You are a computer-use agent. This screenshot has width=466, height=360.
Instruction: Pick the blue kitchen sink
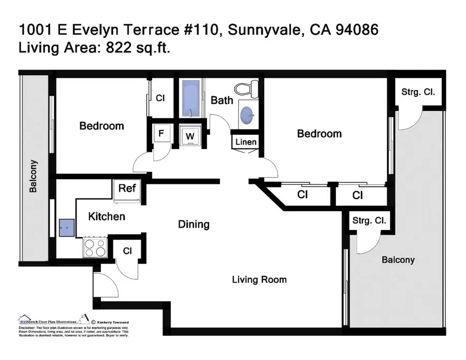tap(66, 226)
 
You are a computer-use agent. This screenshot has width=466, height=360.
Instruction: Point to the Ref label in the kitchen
tap(127, 188)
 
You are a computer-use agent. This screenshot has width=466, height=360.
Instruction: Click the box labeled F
tap(161, 134)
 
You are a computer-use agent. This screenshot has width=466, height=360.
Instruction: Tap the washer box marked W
tap(190, 136)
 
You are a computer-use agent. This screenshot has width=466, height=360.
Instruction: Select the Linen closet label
tap(245, 142)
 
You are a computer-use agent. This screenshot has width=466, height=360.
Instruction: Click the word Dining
tap(194, 224)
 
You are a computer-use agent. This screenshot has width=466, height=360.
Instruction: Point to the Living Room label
tap(259, 280)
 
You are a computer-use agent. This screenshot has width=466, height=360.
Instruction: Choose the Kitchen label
tap(106, 216)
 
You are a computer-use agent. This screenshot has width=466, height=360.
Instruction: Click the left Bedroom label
tap(101, 126)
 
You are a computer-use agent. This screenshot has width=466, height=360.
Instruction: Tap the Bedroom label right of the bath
tap(319, 134)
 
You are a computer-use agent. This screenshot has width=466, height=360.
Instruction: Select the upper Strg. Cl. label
tap(418, 92)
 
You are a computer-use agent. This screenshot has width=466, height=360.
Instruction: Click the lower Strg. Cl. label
tap(369, 221)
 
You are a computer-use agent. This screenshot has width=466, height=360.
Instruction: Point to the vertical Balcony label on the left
tap(34, 176)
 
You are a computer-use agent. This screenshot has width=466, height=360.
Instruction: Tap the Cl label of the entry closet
tap(127, 251)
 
